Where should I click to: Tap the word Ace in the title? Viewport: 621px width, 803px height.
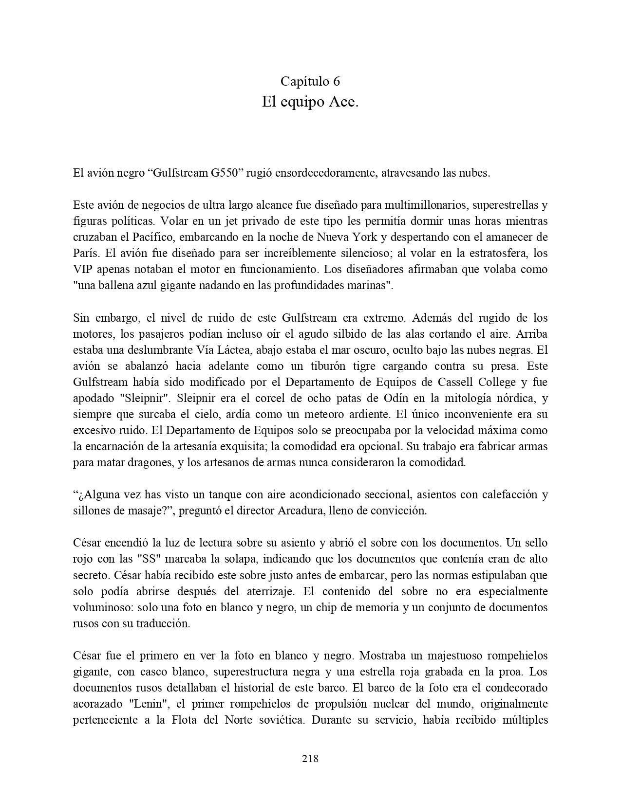[x=342, y=102]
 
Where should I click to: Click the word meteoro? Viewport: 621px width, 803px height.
[x=323, y=414]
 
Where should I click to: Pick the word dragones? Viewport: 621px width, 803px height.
[x=149, y=462]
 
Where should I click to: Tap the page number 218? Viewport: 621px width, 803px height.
[x=310, y=758]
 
